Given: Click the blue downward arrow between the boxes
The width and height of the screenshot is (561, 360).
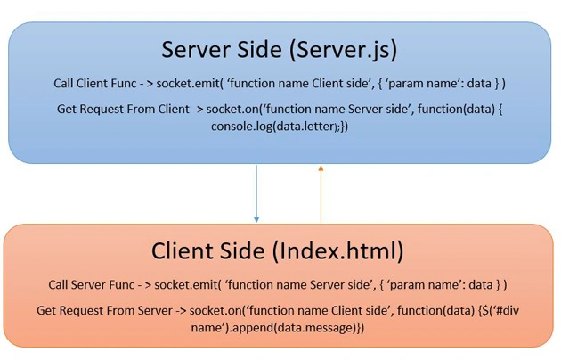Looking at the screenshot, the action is [256, 193].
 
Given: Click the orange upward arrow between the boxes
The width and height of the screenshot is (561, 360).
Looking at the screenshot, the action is [321, 193].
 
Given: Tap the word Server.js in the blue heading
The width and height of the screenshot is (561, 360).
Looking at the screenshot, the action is [343, 50].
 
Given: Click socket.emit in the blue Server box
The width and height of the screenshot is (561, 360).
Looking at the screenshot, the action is [188, 84].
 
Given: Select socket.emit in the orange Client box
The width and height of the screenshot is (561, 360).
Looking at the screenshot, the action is [185, 285].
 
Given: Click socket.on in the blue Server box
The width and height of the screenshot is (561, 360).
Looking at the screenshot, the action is [232, 109].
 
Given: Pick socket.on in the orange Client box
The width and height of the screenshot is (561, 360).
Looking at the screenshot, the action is [215, 310].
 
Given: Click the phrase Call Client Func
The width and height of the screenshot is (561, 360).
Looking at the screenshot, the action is [95, 84].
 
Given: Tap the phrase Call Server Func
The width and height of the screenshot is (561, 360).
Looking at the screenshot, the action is [92, 285].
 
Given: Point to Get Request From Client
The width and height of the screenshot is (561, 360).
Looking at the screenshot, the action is [123, 109].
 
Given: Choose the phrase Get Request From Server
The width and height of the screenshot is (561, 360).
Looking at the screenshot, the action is [104, 310].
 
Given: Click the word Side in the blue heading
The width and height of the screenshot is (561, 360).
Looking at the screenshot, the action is [260, 50].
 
